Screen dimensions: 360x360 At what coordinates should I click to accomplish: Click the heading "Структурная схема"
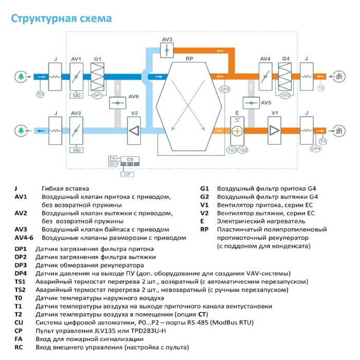coord(61,19)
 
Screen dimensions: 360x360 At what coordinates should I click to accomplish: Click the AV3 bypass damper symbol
coord(167,50)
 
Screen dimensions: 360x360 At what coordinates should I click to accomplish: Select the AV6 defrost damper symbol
coord(118,103)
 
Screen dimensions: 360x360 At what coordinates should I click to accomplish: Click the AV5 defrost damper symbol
coord(251,103)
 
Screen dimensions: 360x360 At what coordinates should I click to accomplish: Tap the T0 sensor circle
coord(40,94)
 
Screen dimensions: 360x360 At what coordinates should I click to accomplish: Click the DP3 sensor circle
coord(225,89)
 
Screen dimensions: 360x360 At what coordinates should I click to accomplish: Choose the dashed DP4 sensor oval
coord(316,149)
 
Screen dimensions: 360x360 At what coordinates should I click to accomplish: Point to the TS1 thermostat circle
coord(231,150)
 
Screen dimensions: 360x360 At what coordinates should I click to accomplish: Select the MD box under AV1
coord(76,96)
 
